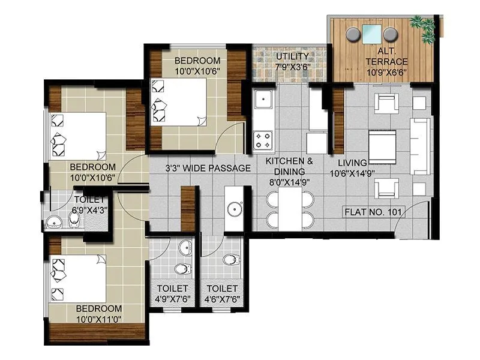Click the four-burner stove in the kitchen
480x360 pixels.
pyautogui.click(x=263, y=140)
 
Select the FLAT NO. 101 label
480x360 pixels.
pyautogui.click(x=374, y=212)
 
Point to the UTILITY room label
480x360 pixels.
pyautogui.click(x=292, y=58)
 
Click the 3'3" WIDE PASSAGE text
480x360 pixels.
pyautogui.click(x=208, y=169)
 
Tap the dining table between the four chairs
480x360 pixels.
pyautogui.click(x=290, y=210)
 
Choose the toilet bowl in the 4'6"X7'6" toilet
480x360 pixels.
pyautogui.click(x=229, y=260)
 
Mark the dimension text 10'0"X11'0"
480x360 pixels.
pyautogui.click(x=100, y=319)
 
